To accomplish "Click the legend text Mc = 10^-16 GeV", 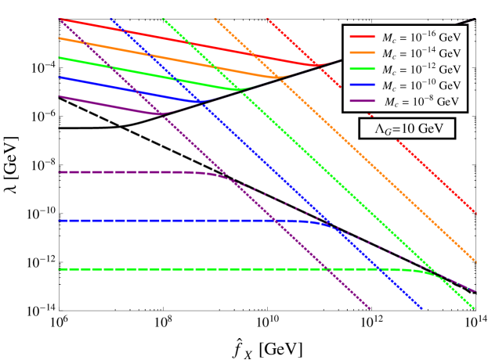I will point(421,37).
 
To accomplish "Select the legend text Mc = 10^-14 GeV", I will point(421,53).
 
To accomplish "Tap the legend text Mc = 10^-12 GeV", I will point(421,70).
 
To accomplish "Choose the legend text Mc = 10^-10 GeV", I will point(421,85).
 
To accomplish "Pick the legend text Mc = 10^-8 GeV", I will point(422,102).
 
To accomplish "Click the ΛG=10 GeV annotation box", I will point(407,129).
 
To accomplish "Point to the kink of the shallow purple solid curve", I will point(159,114).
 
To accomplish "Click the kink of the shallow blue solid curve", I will point(197,102).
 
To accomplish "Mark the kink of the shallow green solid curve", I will point(236,89).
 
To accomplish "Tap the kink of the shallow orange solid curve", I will point(274,77).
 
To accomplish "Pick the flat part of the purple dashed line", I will point(117,171).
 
